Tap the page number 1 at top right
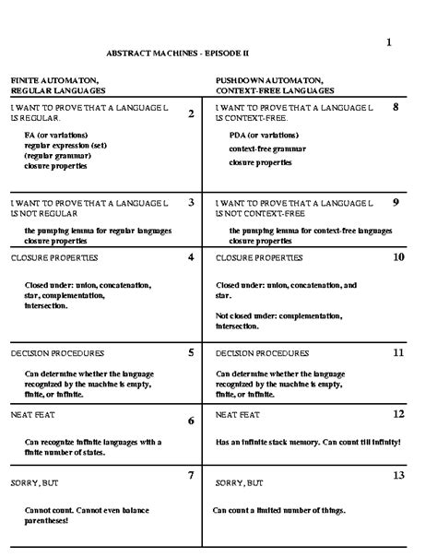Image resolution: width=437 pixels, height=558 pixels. point(389,42)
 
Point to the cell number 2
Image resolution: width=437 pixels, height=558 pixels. point(191,113)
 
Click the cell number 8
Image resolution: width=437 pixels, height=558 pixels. point(396,107)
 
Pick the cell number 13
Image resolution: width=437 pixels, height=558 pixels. point(398,475)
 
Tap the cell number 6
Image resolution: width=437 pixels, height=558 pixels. point(190,421)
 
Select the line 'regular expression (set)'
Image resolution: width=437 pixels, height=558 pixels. point(65,146)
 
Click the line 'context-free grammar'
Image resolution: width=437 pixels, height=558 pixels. point(268,148)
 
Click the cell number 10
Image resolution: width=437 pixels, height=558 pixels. point(398,257)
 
